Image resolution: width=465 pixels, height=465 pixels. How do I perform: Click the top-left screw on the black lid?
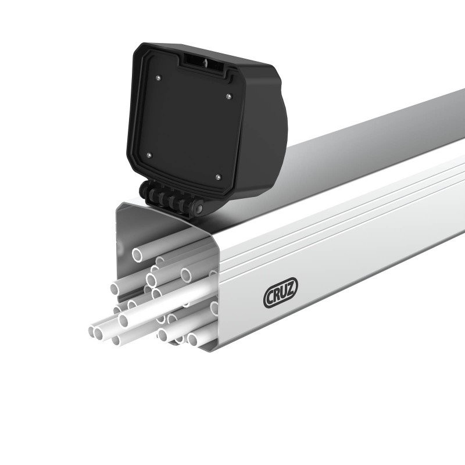[x=158, y=76]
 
